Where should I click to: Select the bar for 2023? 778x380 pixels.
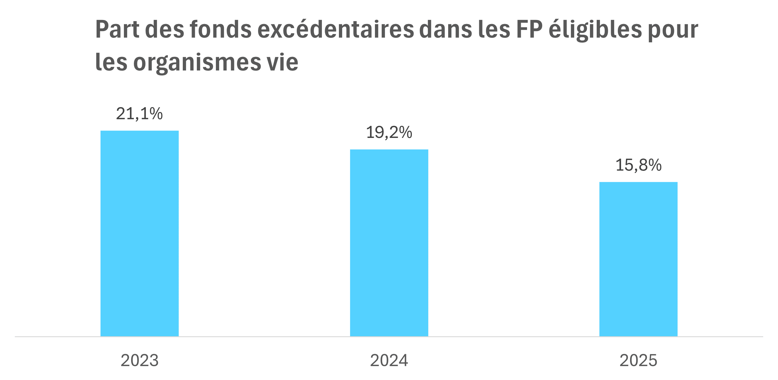[x=139, y=233]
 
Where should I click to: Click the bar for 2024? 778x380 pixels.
[x=389, y=243]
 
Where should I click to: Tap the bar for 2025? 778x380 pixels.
[x=639, y=259]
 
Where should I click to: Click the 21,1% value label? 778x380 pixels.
[x=139, y=114]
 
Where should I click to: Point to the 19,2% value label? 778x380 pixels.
[x=389, y=133]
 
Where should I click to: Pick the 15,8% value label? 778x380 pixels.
[x=639, y=165]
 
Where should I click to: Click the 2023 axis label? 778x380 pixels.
[x=139, y=360]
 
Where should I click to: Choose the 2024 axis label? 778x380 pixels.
[x=389, y=360]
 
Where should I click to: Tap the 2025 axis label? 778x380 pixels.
[x=639, y=360]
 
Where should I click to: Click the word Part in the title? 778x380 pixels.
[x=117, y=29]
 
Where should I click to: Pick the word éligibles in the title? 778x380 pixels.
[x=595, y=30]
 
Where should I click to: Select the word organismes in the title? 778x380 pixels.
[x=197, y=63]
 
